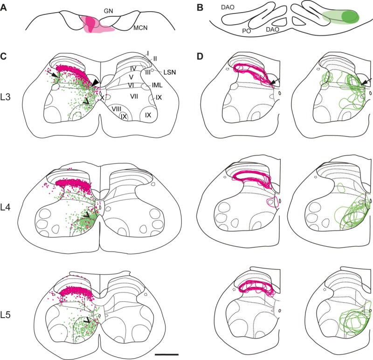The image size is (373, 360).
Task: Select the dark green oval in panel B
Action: (x=350, y=16)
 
